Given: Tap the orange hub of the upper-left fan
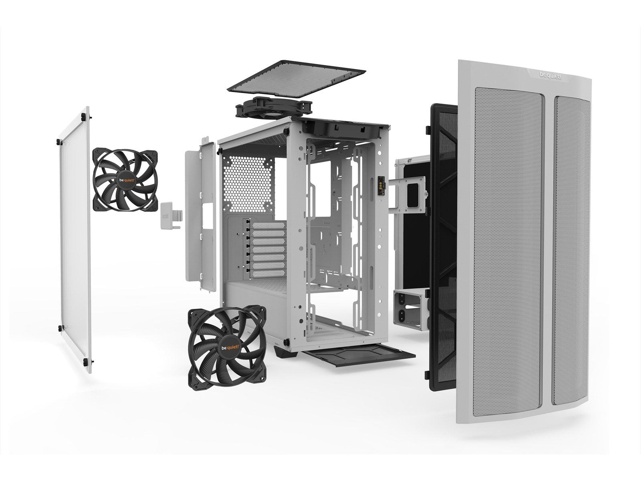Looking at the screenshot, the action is pos(126,180).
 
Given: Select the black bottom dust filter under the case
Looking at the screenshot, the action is pos(359,355).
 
